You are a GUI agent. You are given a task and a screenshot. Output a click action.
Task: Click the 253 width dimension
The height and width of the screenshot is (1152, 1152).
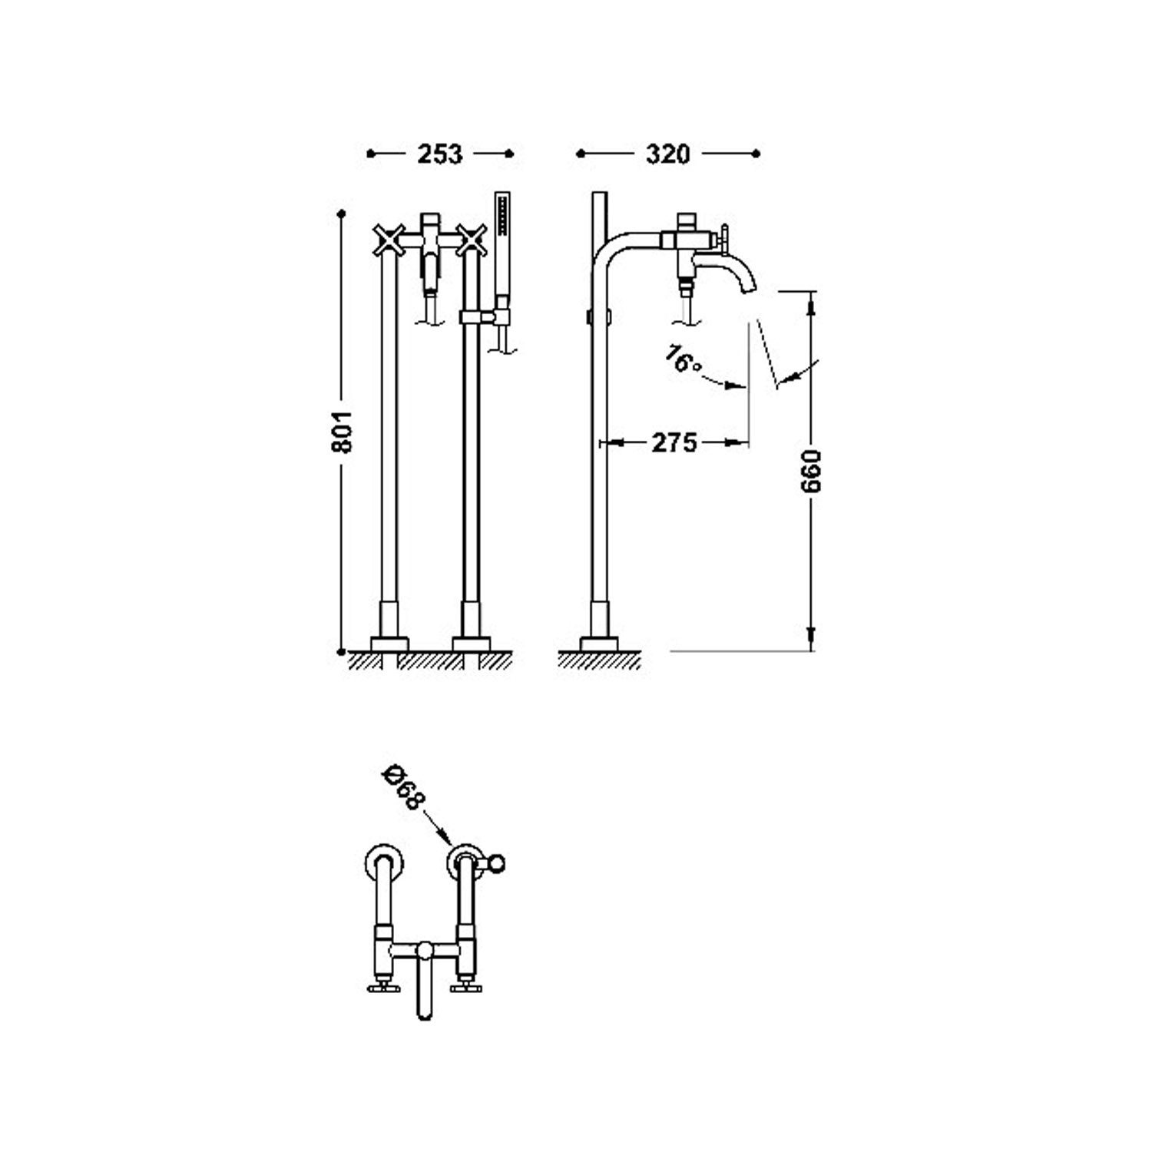click(440, 154)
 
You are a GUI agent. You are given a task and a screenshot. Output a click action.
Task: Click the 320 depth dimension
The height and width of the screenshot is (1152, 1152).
click(667, 154)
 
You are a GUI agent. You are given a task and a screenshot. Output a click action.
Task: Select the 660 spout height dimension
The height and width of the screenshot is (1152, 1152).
click(813, 472)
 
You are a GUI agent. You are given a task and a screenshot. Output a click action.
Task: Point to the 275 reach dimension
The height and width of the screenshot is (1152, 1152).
click(674, 442)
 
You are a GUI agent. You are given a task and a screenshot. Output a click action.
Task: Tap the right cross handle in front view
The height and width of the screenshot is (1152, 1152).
click(471, 240)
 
